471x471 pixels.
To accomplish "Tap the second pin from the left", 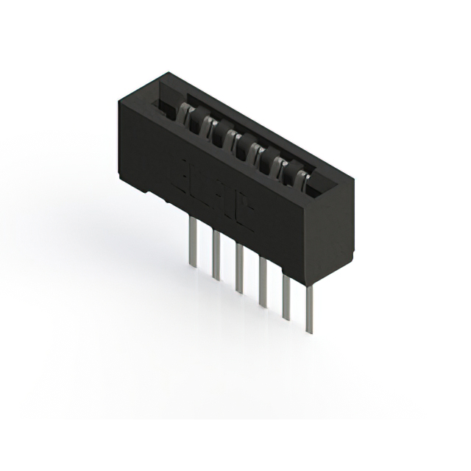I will tap(216, 254).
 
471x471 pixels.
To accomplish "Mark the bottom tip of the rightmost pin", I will tap(310, 332).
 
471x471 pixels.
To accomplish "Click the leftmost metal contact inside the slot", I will tap(185, 113).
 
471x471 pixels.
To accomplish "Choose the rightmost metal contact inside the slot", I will tap(303, 174).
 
